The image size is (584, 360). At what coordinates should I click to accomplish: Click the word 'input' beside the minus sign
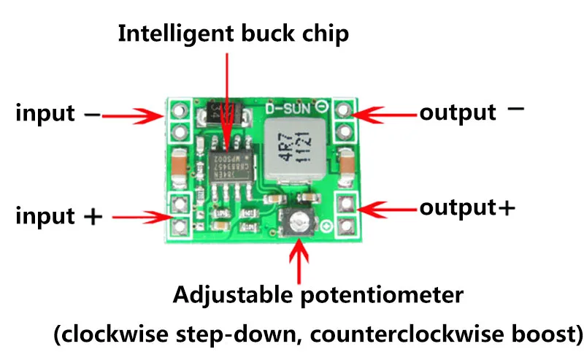tap(45, 114)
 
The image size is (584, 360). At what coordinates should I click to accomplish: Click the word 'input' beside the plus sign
tap(45, 216)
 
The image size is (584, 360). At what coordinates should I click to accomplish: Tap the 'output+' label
tap(467, 207)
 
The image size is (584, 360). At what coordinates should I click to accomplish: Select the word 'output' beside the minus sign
tap(458, 113)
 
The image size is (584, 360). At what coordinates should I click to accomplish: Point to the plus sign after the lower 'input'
tap(93, 217)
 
